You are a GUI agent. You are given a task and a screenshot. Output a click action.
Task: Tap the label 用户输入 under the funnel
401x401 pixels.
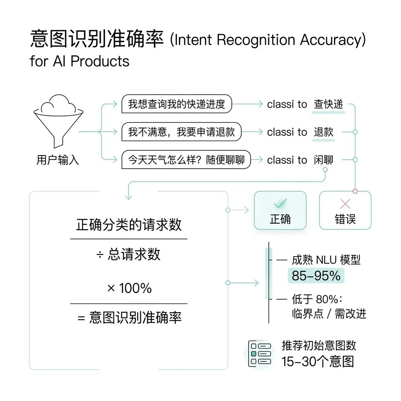click(x=58, y=160)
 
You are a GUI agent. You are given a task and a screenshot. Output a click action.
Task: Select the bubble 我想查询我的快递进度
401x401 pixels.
click(x=177, y=104)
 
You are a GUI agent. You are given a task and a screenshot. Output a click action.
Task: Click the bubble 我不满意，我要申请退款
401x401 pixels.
click(x=181, y=132)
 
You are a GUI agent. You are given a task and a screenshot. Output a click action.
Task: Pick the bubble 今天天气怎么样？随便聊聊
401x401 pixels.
click(x=186, y=160)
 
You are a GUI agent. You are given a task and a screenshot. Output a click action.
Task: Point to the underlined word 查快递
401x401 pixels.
click(x=328, y=104)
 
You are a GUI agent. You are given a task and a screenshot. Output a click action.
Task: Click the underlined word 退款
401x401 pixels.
click(x=323, y=132)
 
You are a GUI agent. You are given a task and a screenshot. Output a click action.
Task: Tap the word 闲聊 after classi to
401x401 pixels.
click(x=323, y=160)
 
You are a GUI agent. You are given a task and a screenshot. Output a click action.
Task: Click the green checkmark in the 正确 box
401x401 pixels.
click(x=280, y=203)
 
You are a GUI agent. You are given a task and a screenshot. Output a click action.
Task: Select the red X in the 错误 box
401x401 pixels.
click(x=345, y=203)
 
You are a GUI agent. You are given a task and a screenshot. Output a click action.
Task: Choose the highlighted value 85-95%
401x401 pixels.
click(x=316, y=276)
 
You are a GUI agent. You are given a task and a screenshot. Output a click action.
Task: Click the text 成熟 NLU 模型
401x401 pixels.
click(x=326, y=260)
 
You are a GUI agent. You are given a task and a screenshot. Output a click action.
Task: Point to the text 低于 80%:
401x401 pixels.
click(x=317, y=299)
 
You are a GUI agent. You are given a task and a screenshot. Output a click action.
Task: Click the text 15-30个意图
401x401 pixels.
click(x=317, y=361)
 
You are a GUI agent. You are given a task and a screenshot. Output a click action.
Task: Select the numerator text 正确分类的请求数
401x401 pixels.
click(x=129, y=225)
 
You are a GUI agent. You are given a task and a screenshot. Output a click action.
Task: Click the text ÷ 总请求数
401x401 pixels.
click(x=129, y=254)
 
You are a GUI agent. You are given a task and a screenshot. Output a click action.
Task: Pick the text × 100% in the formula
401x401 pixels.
click(x=129, y=288)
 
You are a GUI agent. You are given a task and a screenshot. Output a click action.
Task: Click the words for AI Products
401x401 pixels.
click(x=79, y=61)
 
